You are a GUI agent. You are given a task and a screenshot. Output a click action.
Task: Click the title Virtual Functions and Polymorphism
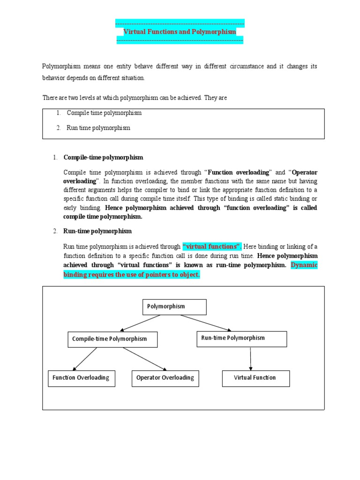(180, 31)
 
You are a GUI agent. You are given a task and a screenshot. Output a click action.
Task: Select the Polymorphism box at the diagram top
(174, 307)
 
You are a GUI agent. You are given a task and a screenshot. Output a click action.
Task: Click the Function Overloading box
(81, 378)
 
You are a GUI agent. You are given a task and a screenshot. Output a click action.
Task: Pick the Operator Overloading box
(165, 378)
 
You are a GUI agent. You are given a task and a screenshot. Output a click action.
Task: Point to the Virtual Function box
(255, 378)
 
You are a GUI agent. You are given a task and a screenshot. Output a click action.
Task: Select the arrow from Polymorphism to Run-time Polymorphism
(205, 323)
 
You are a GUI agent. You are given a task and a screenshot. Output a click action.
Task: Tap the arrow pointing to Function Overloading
(84, 359)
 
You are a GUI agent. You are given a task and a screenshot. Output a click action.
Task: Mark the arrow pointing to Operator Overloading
(145, 359)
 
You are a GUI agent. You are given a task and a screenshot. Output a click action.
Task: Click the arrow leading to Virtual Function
(251, 359)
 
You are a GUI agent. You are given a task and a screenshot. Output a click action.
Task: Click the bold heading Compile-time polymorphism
(103, 157)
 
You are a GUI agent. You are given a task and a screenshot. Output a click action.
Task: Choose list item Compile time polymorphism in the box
(104, 113)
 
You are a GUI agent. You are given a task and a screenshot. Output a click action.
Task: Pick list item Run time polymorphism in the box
(98, 127)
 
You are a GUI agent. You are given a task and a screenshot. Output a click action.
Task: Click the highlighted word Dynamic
(304, 265)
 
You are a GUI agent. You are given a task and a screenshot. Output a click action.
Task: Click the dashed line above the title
(180, 23)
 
